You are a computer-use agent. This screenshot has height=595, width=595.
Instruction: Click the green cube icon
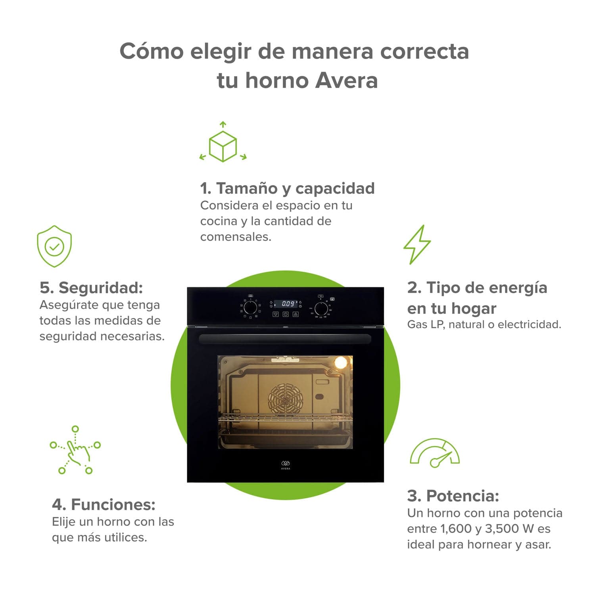223,145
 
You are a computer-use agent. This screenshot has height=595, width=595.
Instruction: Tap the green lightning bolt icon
417,244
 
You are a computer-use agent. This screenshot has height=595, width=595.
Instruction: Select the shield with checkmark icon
54,246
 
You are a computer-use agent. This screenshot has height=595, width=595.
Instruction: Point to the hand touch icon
75,451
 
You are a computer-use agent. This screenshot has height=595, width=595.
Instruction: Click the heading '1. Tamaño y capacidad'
287,188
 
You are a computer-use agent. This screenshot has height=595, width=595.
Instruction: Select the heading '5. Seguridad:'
91,288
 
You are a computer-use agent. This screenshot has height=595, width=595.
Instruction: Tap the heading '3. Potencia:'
453,496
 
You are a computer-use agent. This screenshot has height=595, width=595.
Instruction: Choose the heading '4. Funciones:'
104,505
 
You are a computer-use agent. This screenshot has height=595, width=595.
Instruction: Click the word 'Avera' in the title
346,81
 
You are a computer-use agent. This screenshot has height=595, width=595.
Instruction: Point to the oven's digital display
288,304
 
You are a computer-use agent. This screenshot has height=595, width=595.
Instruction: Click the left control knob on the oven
250,307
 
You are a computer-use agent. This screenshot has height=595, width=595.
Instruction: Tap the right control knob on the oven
321,308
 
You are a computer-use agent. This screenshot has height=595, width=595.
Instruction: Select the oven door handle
285,339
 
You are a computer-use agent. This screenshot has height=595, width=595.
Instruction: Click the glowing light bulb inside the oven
340,362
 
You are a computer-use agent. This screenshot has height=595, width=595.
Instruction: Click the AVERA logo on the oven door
286,464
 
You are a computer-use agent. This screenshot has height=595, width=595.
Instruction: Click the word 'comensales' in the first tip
235,237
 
